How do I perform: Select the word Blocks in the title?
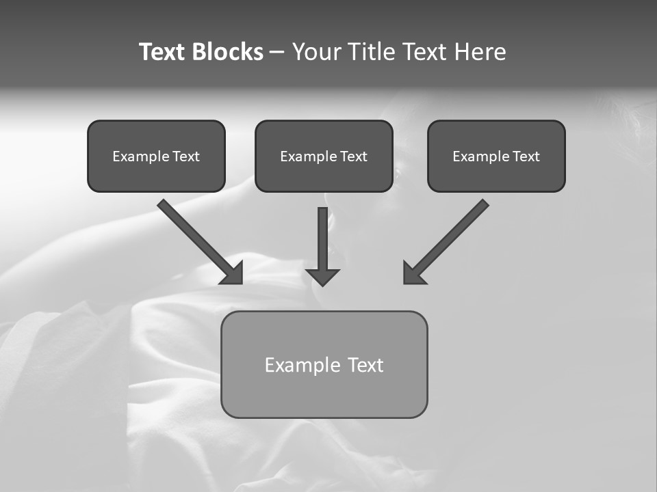point(227,52)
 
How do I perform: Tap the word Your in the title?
point(317,52)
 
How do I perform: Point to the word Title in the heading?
point(372,52)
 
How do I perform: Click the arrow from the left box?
point(195,236)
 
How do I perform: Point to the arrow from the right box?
point(452,236)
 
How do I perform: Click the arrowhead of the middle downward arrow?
point(322,277)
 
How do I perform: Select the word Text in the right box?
point(526,156)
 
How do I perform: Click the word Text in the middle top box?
point(353,156)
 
